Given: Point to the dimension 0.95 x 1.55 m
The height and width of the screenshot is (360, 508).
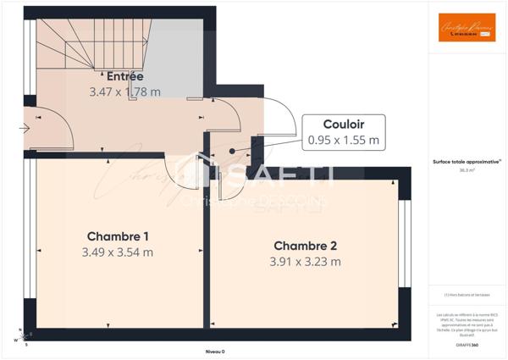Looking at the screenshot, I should tap(344, 139).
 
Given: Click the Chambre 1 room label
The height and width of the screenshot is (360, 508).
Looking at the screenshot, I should tap(118, 236).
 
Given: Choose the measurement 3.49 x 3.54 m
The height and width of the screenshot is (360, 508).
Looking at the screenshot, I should tap(118, 252).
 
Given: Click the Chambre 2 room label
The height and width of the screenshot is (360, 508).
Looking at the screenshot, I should tap(305, 246).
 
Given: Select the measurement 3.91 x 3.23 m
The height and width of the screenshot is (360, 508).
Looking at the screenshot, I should tap(305, 262).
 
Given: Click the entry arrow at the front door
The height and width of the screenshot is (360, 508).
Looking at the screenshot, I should tap(25, 129).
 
